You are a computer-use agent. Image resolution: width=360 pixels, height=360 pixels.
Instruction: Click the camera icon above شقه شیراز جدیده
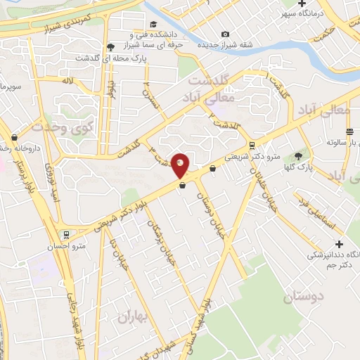[x=225, y=34]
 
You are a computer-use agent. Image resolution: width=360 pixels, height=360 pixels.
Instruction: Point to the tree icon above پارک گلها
[x=299, y=155]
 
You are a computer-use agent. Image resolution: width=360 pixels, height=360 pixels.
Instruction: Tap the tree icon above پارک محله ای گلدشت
[x=110, y=48]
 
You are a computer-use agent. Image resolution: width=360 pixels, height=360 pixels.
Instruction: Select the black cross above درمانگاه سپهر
[x=302, y=4]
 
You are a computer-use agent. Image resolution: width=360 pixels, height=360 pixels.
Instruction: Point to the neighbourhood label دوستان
[x=306, y=297]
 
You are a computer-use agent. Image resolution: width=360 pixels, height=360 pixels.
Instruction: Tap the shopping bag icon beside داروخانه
[x=14, y=139]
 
